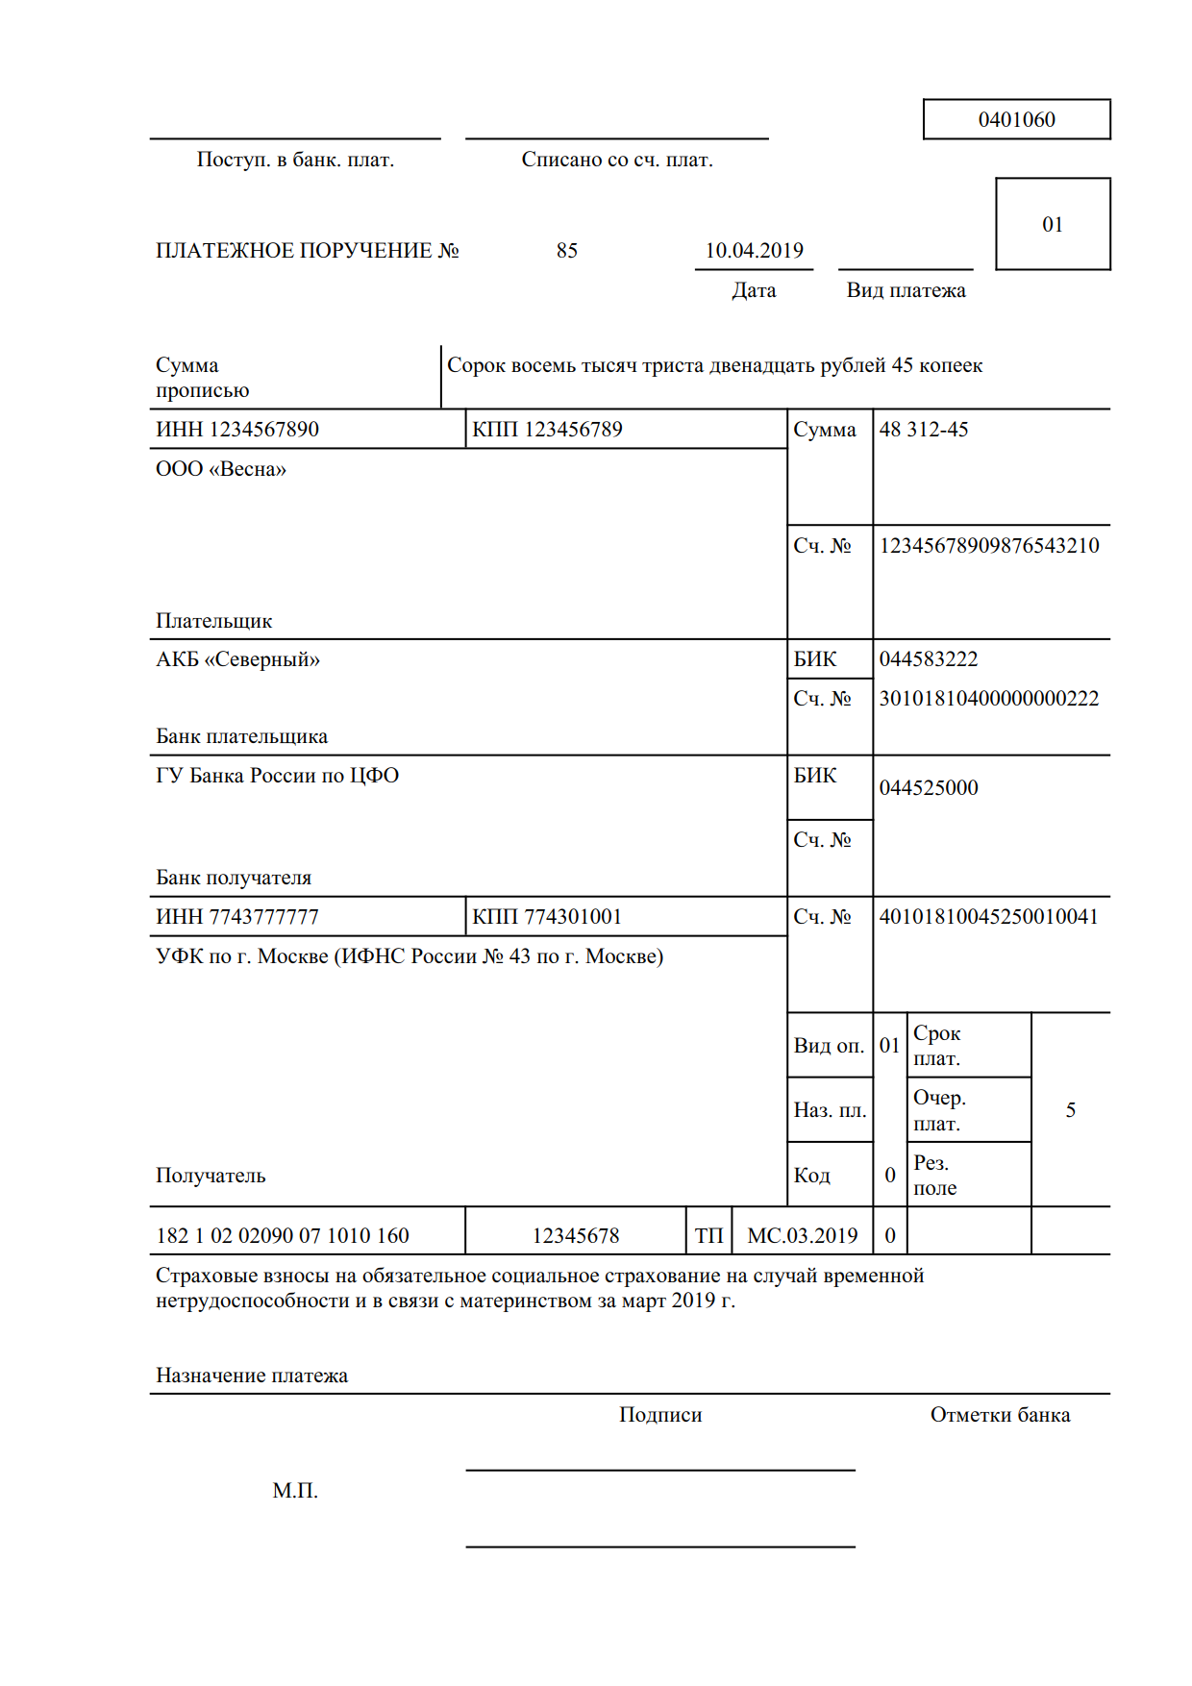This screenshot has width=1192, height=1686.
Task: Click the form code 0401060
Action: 1016,120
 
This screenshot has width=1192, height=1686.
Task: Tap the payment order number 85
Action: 566,251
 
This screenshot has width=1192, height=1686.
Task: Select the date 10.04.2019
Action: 754,251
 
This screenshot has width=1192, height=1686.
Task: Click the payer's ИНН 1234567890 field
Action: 237,430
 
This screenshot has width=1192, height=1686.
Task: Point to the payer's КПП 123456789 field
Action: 547,430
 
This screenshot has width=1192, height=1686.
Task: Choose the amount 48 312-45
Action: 923,430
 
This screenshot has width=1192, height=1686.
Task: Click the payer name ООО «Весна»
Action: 221,469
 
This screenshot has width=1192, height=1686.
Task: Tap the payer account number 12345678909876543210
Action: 988,546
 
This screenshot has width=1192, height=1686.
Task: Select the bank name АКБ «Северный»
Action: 237,659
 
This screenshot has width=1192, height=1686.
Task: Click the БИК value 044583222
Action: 928,659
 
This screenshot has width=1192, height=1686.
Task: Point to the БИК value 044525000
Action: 928,788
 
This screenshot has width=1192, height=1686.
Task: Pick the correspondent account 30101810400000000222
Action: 988,699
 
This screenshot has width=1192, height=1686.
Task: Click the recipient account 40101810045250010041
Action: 988,917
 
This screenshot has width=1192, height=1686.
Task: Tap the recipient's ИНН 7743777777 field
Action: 237,917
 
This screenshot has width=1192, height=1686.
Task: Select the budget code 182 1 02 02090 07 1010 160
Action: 283,1236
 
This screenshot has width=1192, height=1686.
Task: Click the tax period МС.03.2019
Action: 802,1236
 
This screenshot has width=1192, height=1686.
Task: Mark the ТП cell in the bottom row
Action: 708,1236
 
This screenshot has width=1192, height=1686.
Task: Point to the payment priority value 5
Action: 1070,1111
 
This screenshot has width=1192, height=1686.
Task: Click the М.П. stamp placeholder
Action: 295,1491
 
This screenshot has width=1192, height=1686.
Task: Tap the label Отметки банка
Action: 1000,1415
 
